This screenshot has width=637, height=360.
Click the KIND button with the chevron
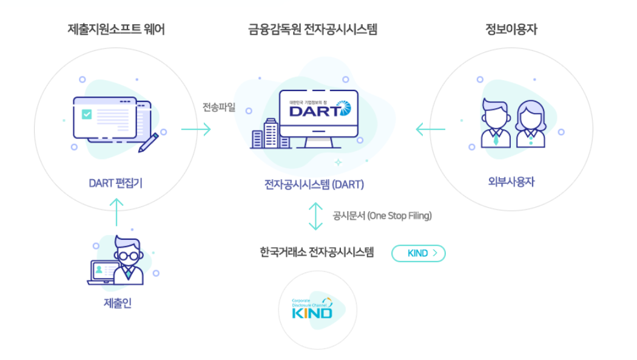click(419, 253)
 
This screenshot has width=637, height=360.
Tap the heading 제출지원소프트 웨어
click(116, 29)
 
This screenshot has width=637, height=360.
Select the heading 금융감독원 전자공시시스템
click(312, 29)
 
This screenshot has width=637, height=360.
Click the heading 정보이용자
click(511, 29)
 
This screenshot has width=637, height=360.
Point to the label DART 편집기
click(115, 183)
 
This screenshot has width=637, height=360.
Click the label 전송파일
click(219, 107)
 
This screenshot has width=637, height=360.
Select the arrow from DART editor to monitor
click(196, 129)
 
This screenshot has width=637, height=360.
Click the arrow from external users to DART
click(430, 129)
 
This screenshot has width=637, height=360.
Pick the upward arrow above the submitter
click(116, 212)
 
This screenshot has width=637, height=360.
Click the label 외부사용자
click(511, 182)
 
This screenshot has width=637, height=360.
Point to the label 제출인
click(117, 303)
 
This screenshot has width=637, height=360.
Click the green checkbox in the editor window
click(87, 115)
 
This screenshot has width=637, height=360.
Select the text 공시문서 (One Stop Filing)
click(382, 216)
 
